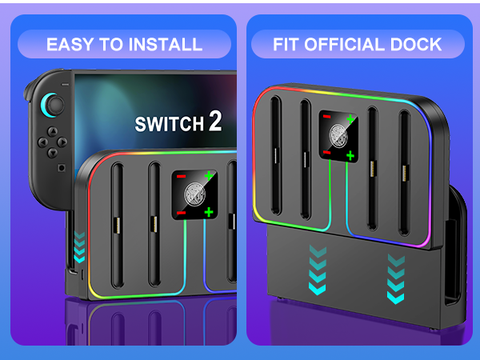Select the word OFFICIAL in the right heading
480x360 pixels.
pyautogui.click(x=344, y=44)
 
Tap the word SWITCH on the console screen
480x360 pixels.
pyautogui.click(x=170, y=124)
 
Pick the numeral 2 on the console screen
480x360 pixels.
pyautogui.click(x=215, y=121)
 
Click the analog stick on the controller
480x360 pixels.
pyautogui.click(x=56, y=105)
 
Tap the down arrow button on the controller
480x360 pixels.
pyautogui.click(x=52, y=153)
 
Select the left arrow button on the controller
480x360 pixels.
pyautogui.click(x=42, y=142)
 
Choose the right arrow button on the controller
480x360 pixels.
pyautogui.click(x=62, y=142)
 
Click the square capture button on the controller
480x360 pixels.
pyautogui.click(x=62, y=168)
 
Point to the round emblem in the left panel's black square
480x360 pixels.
pyautogui.click(x=194, y=194)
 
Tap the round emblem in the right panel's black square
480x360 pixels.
pyautogui.click(x=338, y=136)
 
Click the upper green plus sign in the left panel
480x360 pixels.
pyautogui.click(x=209, y=176)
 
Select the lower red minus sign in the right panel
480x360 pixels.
pyautogui.click(x=326, y=152)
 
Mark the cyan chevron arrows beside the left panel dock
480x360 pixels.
pyautogui.click(x=79, y=247)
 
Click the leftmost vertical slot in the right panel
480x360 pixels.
pyautogui.click(x=276, y=156)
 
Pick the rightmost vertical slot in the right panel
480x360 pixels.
pyautogui.click(x=404, y=173)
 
